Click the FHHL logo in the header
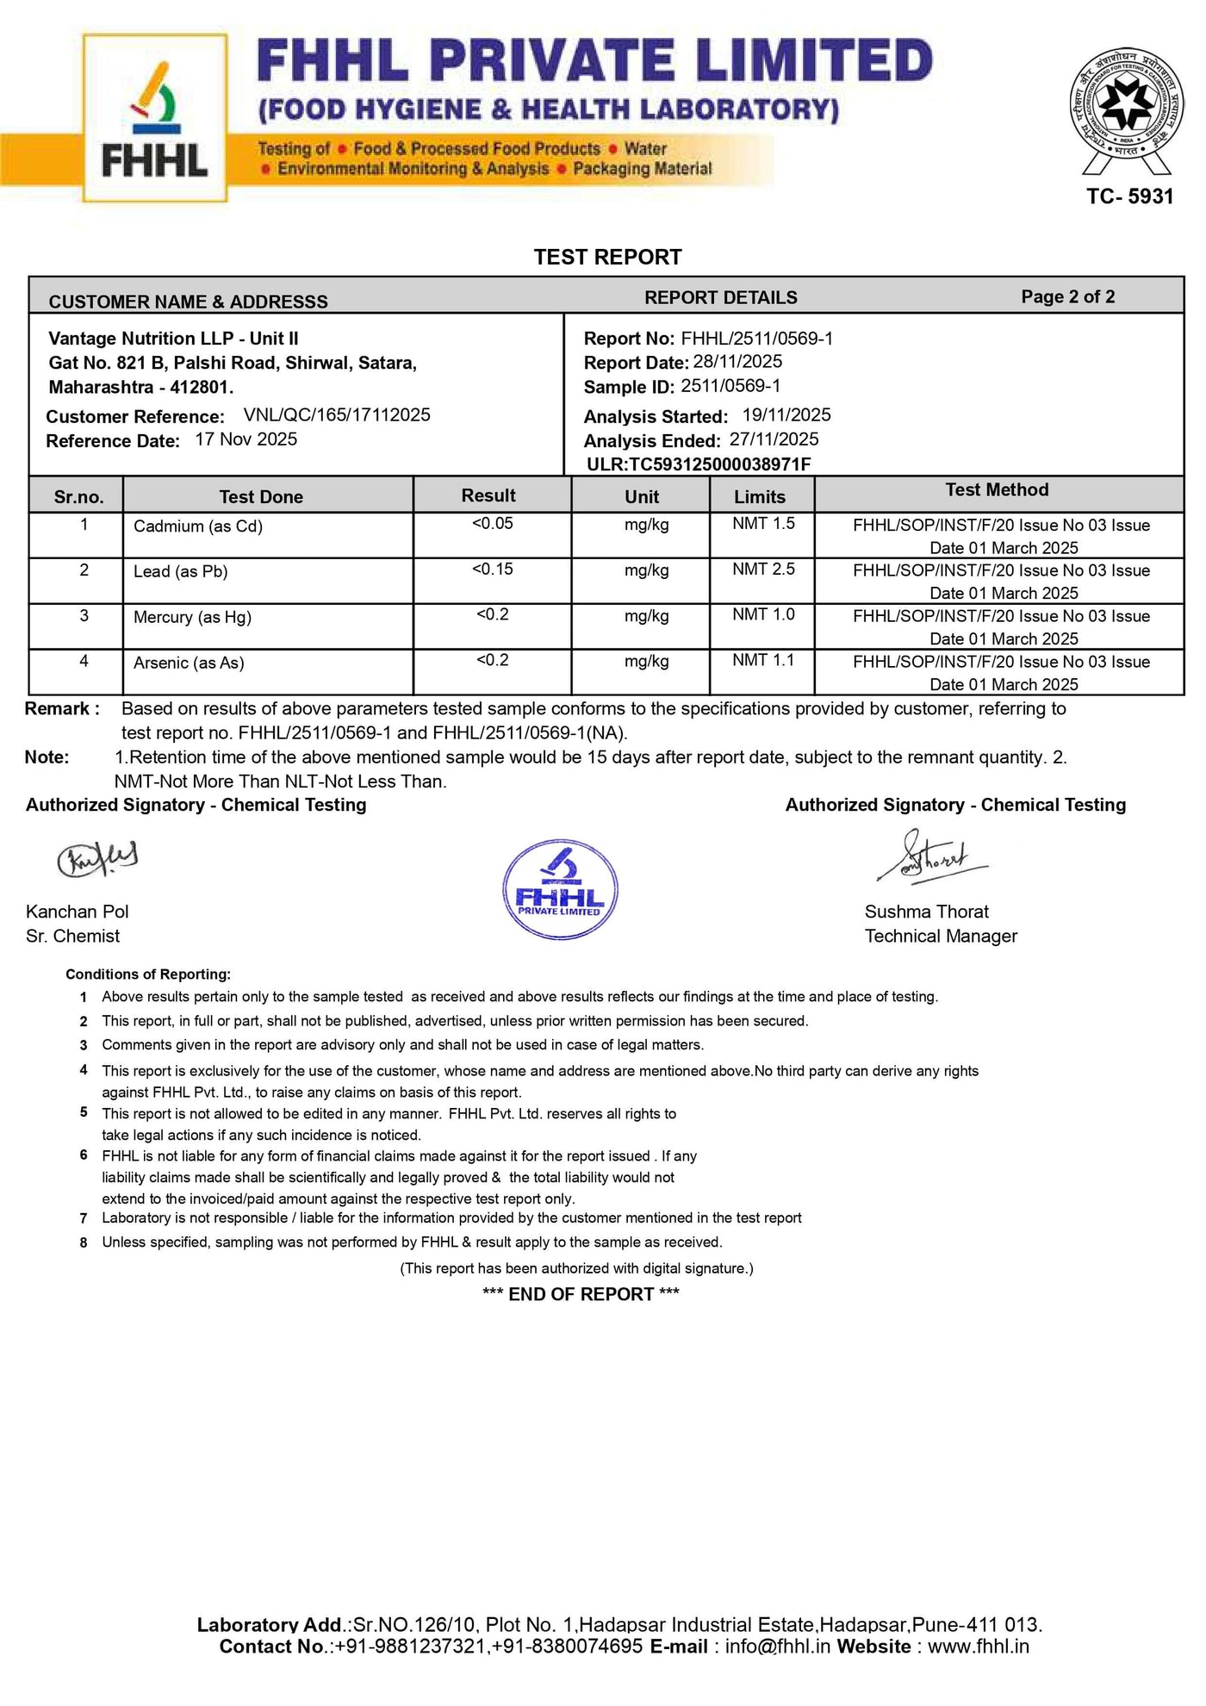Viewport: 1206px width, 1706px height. pos(155,118)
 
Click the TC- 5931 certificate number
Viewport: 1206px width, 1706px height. pos(1129,196)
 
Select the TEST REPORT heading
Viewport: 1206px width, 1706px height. pos(607,257)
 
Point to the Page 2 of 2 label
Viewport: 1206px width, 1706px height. pos(1067,296)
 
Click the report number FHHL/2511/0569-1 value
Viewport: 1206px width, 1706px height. pos(756,338)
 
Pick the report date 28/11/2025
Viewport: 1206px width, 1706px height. pos(737,362)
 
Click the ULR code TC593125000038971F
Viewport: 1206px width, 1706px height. pos(699,464)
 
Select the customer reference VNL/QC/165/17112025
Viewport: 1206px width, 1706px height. pos(337,415)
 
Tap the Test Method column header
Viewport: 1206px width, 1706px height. pos(997,490)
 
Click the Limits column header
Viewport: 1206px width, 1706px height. pos(759,497)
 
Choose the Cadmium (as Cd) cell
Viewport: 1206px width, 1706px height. pos(198,526)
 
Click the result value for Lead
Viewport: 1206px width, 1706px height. pos(492,570)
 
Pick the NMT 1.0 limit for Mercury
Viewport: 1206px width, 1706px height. pos(763,614)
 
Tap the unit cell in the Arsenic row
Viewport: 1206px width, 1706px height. pos(646,662)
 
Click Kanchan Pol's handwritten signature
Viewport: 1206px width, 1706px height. pos(97,858)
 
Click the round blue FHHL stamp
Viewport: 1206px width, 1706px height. pos(560,889)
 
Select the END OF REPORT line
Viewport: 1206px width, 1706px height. pos(581,1294)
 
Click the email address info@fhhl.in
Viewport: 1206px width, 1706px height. pos(777,1647)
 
